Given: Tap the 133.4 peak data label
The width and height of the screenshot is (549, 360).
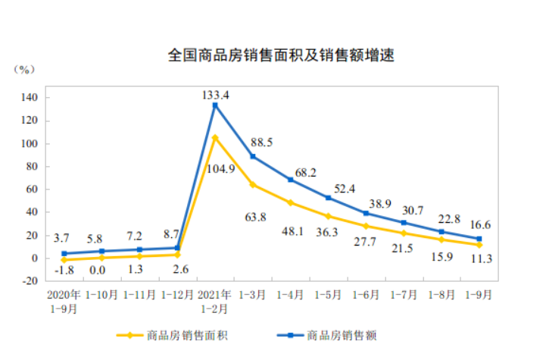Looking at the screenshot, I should [x=217, y=94].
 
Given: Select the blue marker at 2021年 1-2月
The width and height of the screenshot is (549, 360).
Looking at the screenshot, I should [x=215, y=105].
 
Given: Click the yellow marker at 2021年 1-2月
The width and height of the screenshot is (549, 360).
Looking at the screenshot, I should [x=215, y=138].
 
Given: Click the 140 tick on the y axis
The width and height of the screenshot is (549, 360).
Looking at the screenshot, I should [x=30, y=98].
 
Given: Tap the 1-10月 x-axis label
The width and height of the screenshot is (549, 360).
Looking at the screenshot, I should [x=101, y=294].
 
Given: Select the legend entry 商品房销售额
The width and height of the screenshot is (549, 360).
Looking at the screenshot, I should [x=332, y=334].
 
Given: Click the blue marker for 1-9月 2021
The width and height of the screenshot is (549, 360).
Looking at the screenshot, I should [x=479, y=239].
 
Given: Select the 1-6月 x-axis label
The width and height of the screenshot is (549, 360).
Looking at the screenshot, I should [x=366, y=294].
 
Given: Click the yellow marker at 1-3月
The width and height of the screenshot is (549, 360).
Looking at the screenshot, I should [x=252, y=185].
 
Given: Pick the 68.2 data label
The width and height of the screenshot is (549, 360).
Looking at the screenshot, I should [x=302, y=172].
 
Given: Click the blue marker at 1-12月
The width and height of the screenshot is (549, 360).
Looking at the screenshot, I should [x=177, y=248].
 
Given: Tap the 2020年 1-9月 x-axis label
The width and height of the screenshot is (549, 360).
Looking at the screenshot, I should [x=64, y=300].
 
